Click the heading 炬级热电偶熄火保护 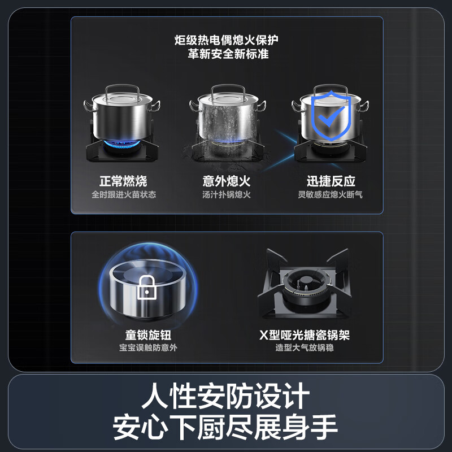(x=227, y=41)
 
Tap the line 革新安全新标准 (x=227, y=54)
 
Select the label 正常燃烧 (x=123, y=181)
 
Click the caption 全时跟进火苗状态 (x=123, y=195)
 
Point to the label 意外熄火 (x=227, y=181)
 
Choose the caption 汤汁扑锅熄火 (x=227, y=195)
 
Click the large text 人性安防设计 (x=226, y=396)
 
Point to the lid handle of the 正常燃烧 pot (x=123, y=88)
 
